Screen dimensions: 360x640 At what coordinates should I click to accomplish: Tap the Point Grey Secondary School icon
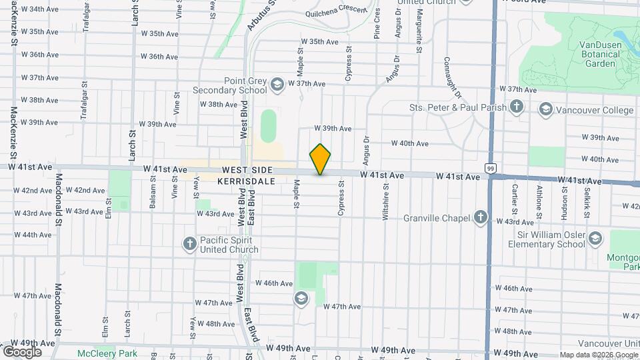tap(277, 85)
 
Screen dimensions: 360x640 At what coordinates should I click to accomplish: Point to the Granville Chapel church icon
tap(481, 217)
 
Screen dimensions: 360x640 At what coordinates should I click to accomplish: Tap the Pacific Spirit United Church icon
tap(190, 244)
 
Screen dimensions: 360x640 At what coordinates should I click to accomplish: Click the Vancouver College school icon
tap(546, 110)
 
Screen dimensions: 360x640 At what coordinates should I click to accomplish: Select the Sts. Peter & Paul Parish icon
tap(517, 107)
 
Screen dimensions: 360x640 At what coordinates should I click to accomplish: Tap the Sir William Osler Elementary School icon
tap(595, 239)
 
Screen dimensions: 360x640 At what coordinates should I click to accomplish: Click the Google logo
tap(22, 352)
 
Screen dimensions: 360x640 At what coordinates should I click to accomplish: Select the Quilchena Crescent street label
tap(336, 10)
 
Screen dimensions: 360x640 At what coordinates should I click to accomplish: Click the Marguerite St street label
tap(419, 31)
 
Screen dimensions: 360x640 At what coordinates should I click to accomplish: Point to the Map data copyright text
tap(598, 355)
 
